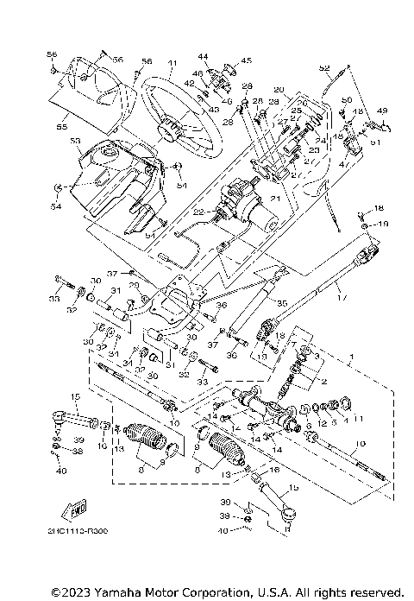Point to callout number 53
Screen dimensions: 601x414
[74, 140]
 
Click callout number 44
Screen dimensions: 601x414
[204, 55]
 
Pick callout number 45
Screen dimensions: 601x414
[246, 60]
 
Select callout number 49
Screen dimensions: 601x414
[382, 111]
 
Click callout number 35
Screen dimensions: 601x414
[280, 303]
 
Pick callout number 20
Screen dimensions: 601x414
[278, 89]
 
